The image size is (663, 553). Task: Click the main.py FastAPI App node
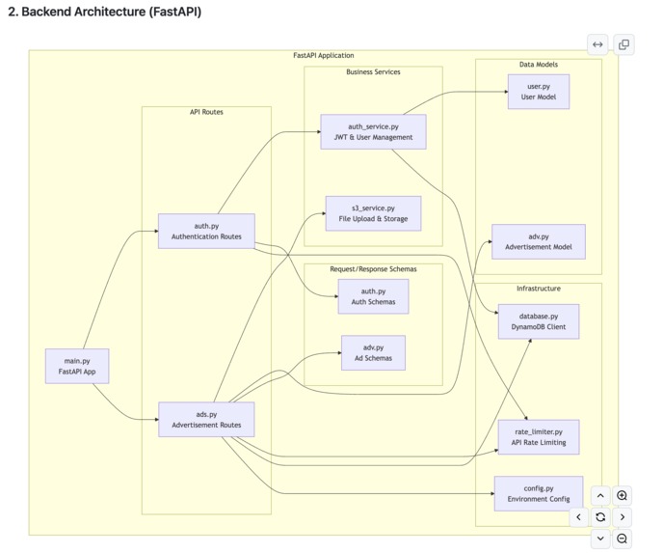(77, 366)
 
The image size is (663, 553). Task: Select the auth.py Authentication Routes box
(206, 232)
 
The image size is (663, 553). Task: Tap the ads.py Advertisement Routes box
(206, 420)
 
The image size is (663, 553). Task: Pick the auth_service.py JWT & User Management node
(373, 132)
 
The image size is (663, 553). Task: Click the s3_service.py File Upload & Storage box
(373, 213)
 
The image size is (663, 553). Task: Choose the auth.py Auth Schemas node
(373, 296)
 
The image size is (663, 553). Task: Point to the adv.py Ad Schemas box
(373, 352)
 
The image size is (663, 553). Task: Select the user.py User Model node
(539, 93)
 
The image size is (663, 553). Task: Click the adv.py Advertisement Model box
(539, 241)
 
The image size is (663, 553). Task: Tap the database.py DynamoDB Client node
(539, 321)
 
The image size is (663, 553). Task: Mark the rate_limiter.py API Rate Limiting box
(539, 436)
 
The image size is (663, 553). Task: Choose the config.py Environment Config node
(539, 493)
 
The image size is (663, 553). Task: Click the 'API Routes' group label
(206, 112)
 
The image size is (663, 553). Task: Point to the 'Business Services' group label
(373, 72)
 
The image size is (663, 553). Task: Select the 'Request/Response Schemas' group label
(373, 269)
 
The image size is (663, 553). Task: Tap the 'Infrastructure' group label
(538, 289)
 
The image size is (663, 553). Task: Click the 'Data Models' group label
(538, 65)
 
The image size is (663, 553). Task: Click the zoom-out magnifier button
(623, 539)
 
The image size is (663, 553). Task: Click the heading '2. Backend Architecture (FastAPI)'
(104, 13)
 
